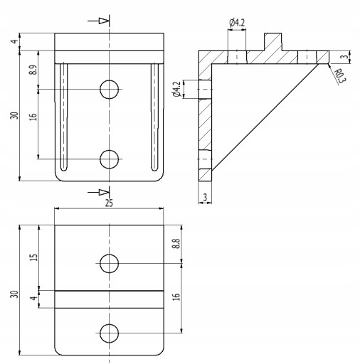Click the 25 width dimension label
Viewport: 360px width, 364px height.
[109, 203]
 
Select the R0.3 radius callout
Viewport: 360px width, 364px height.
[340, 76]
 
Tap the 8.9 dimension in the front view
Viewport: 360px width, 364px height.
[33, 70]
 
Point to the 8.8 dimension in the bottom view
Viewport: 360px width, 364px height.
[176, 243]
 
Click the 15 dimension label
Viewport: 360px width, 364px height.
[34, 257]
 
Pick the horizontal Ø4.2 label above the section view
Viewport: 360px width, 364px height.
[237, 23]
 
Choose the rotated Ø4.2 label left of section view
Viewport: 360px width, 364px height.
[177, 89]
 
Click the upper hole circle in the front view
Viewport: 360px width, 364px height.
[109, 90]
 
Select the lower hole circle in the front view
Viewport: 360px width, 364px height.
[109, 159]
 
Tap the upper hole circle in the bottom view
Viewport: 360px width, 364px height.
[109, 263]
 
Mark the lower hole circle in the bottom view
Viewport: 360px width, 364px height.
[109, 333]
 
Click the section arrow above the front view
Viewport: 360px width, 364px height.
[98, 21]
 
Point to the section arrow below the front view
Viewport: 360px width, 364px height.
[98, 192]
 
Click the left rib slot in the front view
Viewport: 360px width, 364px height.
[63, 117]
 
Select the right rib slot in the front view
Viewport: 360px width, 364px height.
[154, 117]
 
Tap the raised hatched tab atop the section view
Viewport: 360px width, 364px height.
[273, 42]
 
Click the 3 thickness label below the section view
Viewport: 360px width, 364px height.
[205, 197]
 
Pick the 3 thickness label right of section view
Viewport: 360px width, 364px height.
[345, 57]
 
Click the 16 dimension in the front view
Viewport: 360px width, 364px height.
[33, 117]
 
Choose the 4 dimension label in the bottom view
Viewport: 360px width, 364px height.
[34, 298]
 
